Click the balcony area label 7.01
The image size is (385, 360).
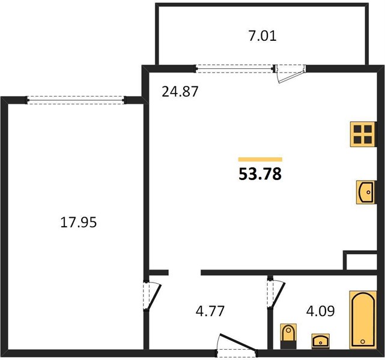pos(262,36)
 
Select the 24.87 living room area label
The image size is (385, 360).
pos(180,92)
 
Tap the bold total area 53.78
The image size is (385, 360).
pos(260,174)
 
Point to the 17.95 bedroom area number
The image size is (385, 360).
pos(79,223)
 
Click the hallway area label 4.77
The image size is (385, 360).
pos(210,311)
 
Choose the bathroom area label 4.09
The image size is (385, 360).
pos(320,311)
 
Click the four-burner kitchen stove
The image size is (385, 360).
pos(363,134)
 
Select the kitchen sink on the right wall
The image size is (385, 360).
pos(366,192)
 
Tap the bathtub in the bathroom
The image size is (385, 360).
pos(363,320)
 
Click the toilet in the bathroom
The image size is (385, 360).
pos(288,336)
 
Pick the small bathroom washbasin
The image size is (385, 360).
pos(320,341)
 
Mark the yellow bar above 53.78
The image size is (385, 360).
pos(260,160)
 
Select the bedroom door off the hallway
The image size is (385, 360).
pos(152,296)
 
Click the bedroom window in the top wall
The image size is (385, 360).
pos(76,100)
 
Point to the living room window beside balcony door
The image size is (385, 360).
pos(234,68)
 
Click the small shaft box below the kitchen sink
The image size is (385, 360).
pos(360,261)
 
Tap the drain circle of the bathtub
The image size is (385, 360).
pos(363,341)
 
